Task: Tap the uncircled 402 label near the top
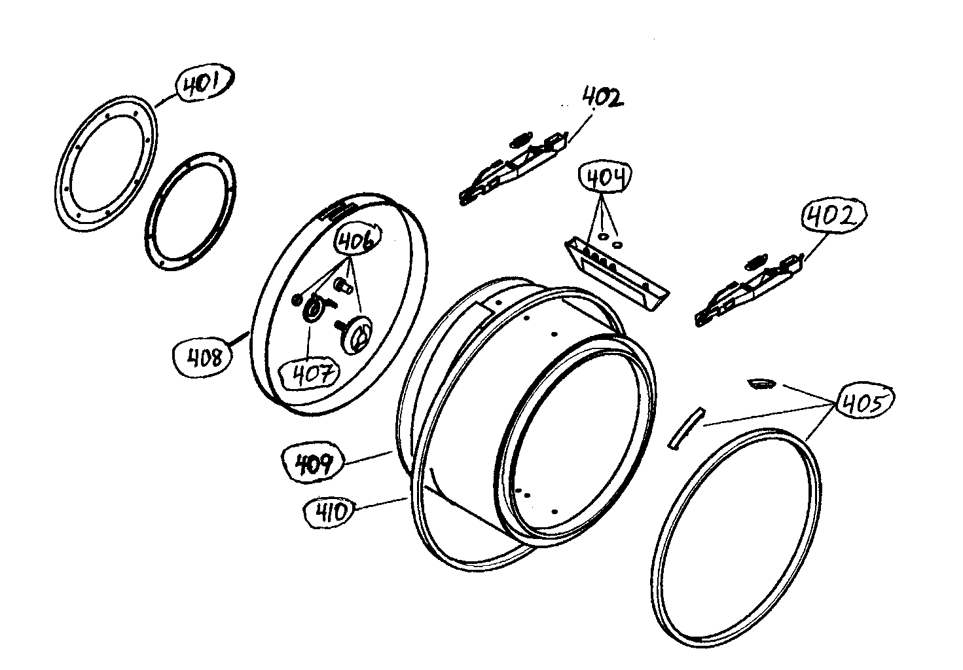(602, 99)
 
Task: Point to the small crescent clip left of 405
(760, 382)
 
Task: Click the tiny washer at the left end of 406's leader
(297, 299)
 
